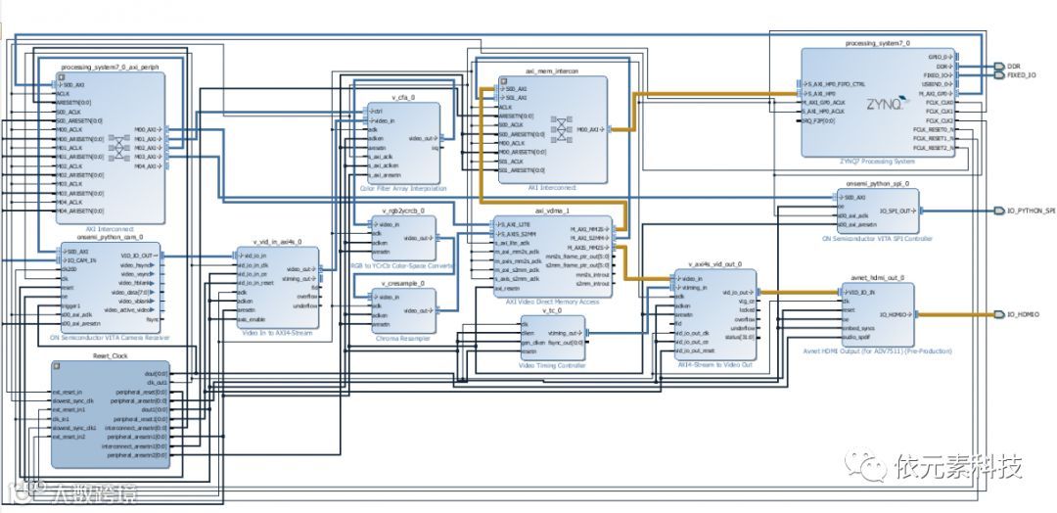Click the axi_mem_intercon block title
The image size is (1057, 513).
pos(552,71)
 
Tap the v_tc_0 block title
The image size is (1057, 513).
pos(553,310)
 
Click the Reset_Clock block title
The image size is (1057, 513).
pos(111,355)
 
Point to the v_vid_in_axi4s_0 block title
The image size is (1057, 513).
pos(277,241)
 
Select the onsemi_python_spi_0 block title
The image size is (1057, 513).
pos(878,183)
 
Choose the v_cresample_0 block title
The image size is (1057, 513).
pos(403,283)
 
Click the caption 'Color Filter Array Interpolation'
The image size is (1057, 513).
pos(403,188)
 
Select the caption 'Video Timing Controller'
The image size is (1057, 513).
pos(553,365)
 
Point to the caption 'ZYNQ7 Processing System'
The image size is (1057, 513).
pos(877,161)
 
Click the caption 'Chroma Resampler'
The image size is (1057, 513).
pos(403,338)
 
